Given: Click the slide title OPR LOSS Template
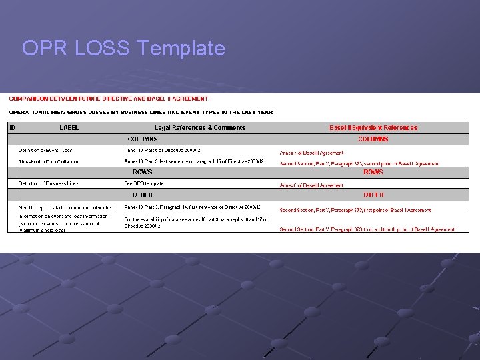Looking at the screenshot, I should (123, 48).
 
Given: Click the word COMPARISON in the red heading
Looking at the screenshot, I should (31, 99).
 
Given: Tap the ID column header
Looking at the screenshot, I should (12, 127).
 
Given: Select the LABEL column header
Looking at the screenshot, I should (69, 127).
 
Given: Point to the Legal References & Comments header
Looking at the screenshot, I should (199, 127).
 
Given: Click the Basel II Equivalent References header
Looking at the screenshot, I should (373, 127).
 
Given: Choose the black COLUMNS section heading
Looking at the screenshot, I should (143, 139).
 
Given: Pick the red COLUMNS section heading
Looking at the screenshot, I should (373, 139).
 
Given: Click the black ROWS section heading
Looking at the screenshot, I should (143, 172).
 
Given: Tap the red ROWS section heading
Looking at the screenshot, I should (373, 172).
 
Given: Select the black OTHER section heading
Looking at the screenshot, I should (143, 195).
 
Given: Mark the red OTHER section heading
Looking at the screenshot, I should (373, 195).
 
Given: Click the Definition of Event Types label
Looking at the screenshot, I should (45, 151).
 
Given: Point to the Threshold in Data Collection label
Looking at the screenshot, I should (49, 161).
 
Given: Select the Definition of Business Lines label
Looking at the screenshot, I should (48, 183).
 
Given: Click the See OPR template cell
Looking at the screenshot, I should (143, 183).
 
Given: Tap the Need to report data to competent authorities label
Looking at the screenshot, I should (65, 207).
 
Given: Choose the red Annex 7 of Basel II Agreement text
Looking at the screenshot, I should (311, 153).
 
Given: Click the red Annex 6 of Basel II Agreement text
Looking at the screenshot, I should (311, 185).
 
